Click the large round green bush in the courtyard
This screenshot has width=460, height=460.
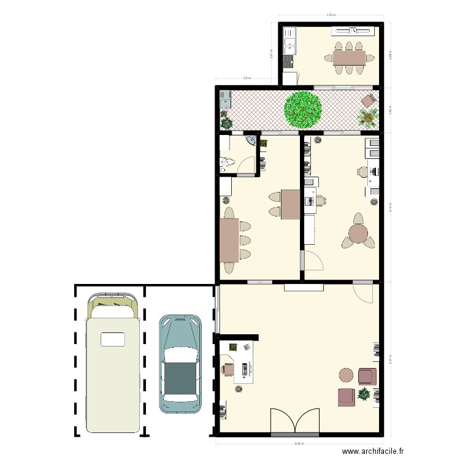(x=303, y=109)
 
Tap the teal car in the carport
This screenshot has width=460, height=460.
(x=180, y=364)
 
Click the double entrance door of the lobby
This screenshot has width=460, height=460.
(x=296, y=421)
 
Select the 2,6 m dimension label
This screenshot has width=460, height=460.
(x=247, y=79)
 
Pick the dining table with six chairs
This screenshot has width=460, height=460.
(x=349, y=58)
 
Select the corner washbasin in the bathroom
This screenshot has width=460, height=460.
(x=251, y=140)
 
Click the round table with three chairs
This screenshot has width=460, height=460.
(x=358, y=233)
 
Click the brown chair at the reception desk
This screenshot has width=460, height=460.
(x=228, y=369)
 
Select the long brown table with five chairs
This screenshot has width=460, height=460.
(x=230, y=240)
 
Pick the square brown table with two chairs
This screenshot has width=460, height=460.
(x=291, y=204)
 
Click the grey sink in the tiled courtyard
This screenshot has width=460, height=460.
(x=224, y=97)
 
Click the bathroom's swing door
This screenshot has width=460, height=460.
(x=247, y=166)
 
